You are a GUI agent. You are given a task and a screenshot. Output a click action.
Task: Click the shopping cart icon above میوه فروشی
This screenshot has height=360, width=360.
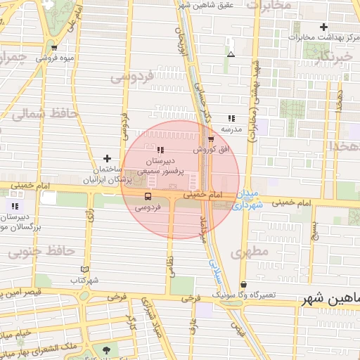click(54, 48)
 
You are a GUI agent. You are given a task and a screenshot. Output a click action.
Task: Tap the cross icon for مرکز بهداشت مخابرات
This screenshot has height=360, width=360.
click(323, 27)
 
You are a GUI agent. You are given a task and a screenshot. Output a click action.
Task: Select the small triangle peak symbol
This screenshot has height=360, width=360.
click(231, 54)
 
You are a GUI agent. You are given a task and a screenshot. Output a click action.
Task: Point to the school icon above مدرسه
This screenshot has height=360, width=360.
click(231, 119)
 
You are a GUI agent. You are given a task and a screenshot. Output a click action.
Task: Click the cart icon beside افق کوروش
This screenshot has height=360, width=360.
click(210, 139)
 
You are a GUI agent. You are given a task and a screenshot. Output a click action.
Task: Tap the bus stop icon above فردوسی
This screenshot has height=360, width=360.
click(148, 196)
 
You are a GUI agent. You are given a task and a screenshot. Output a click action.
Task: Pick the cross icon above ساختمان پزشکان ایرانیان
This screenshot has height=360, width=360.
click(107, 158)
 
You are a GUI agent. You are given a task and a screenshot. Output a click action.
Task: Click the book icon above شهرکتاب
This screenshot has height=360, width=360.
click(85, 269)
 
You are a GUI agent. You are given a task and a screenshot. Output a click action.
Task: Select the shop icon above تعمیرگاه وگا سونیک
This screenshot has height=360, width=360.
click(243, 284)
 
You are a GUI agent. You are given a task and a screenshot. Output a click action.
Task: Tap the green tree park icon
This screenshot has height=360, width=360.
click(106, 350)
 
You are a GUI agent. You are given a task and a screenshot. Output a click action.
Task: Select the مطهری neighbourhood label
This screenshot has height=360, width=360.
click(253, 251)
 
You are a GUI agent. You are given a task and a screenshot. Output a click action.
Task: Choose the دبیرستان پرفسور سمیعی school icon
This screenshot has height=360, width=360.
click(160, 150)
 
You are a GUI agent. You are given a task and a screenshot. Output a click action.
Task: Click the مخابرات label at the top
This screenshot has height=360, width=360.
click(267, 6)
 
